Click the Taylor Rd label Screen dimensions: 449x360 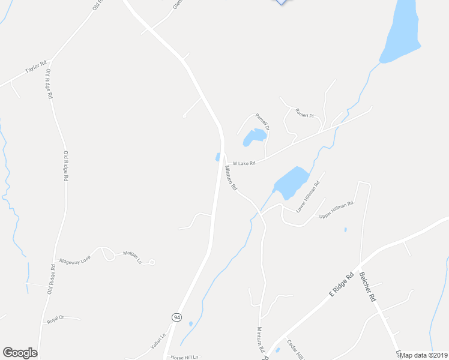pos(36,68)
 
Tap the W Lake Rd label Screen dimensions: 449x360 pos(244,163)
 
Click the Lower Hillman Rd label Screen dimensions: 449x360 pos(309,197)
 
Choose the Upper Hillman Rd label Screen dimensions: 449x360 pos(336,209)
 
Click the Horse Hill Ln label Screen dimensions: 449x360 pos(184,356)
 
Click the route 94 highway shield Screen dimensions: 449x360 pos(176,317)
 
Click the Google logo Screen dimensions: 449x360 pos(20,353)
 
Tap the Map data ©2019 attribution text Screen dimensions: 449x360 pos(424,355)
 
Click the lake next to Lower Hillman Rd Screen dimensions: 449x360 pos(291,182)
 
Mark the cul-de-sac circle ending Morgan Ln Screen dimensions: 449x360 pos(152,262)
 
